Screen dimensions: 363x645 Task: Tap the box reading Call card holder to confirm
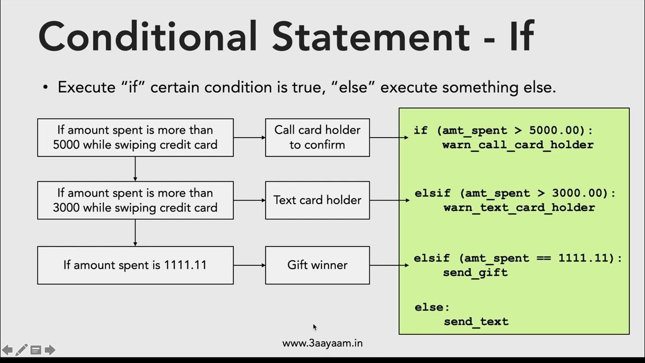point(317,137)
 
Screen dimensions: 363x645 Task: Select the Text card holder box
point(317,200)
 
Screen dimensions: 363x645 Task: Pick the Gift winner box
point(317,265)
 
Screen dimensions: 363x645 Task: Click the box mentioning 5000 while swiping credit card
point(135,137)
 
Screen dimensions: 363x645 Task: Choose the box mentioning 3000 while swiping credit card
point(135,200)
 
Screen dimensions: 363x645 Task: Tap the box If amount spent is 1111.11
point(135,265)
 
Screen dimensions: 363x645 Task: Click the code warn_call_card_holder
point(518,145)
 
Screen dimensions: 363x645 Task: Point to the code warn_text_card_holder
point(519,208)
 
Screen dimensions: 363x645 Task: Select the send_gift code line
point(475,273)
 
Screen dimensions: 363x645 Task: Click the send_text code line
point(476,322)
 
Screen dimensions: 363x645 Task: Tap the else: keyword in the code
point(432,307)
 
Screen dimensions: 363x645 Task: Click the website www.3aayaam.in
point(322,343)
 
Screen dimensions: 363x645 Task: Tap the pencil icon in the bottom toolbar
point(22,350)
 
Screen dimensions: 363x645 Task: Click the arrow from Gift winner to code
point(389,265)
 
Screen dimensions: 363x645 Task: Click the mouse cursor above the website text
point(315,327)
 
